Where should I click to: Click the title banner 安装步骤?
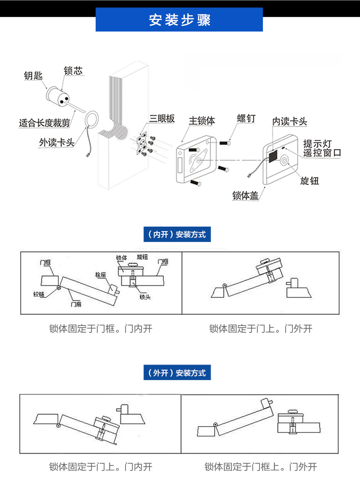click(x=179, y=20)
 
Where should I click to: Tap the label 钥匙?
click(x=33, y=76)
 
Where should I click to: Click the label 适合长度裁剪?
click(x=44, y=123)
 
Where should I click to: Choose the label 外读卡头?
click(x=57, y=143)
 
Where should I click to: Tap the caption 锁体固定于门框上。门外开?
click(x=260, y=467)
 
